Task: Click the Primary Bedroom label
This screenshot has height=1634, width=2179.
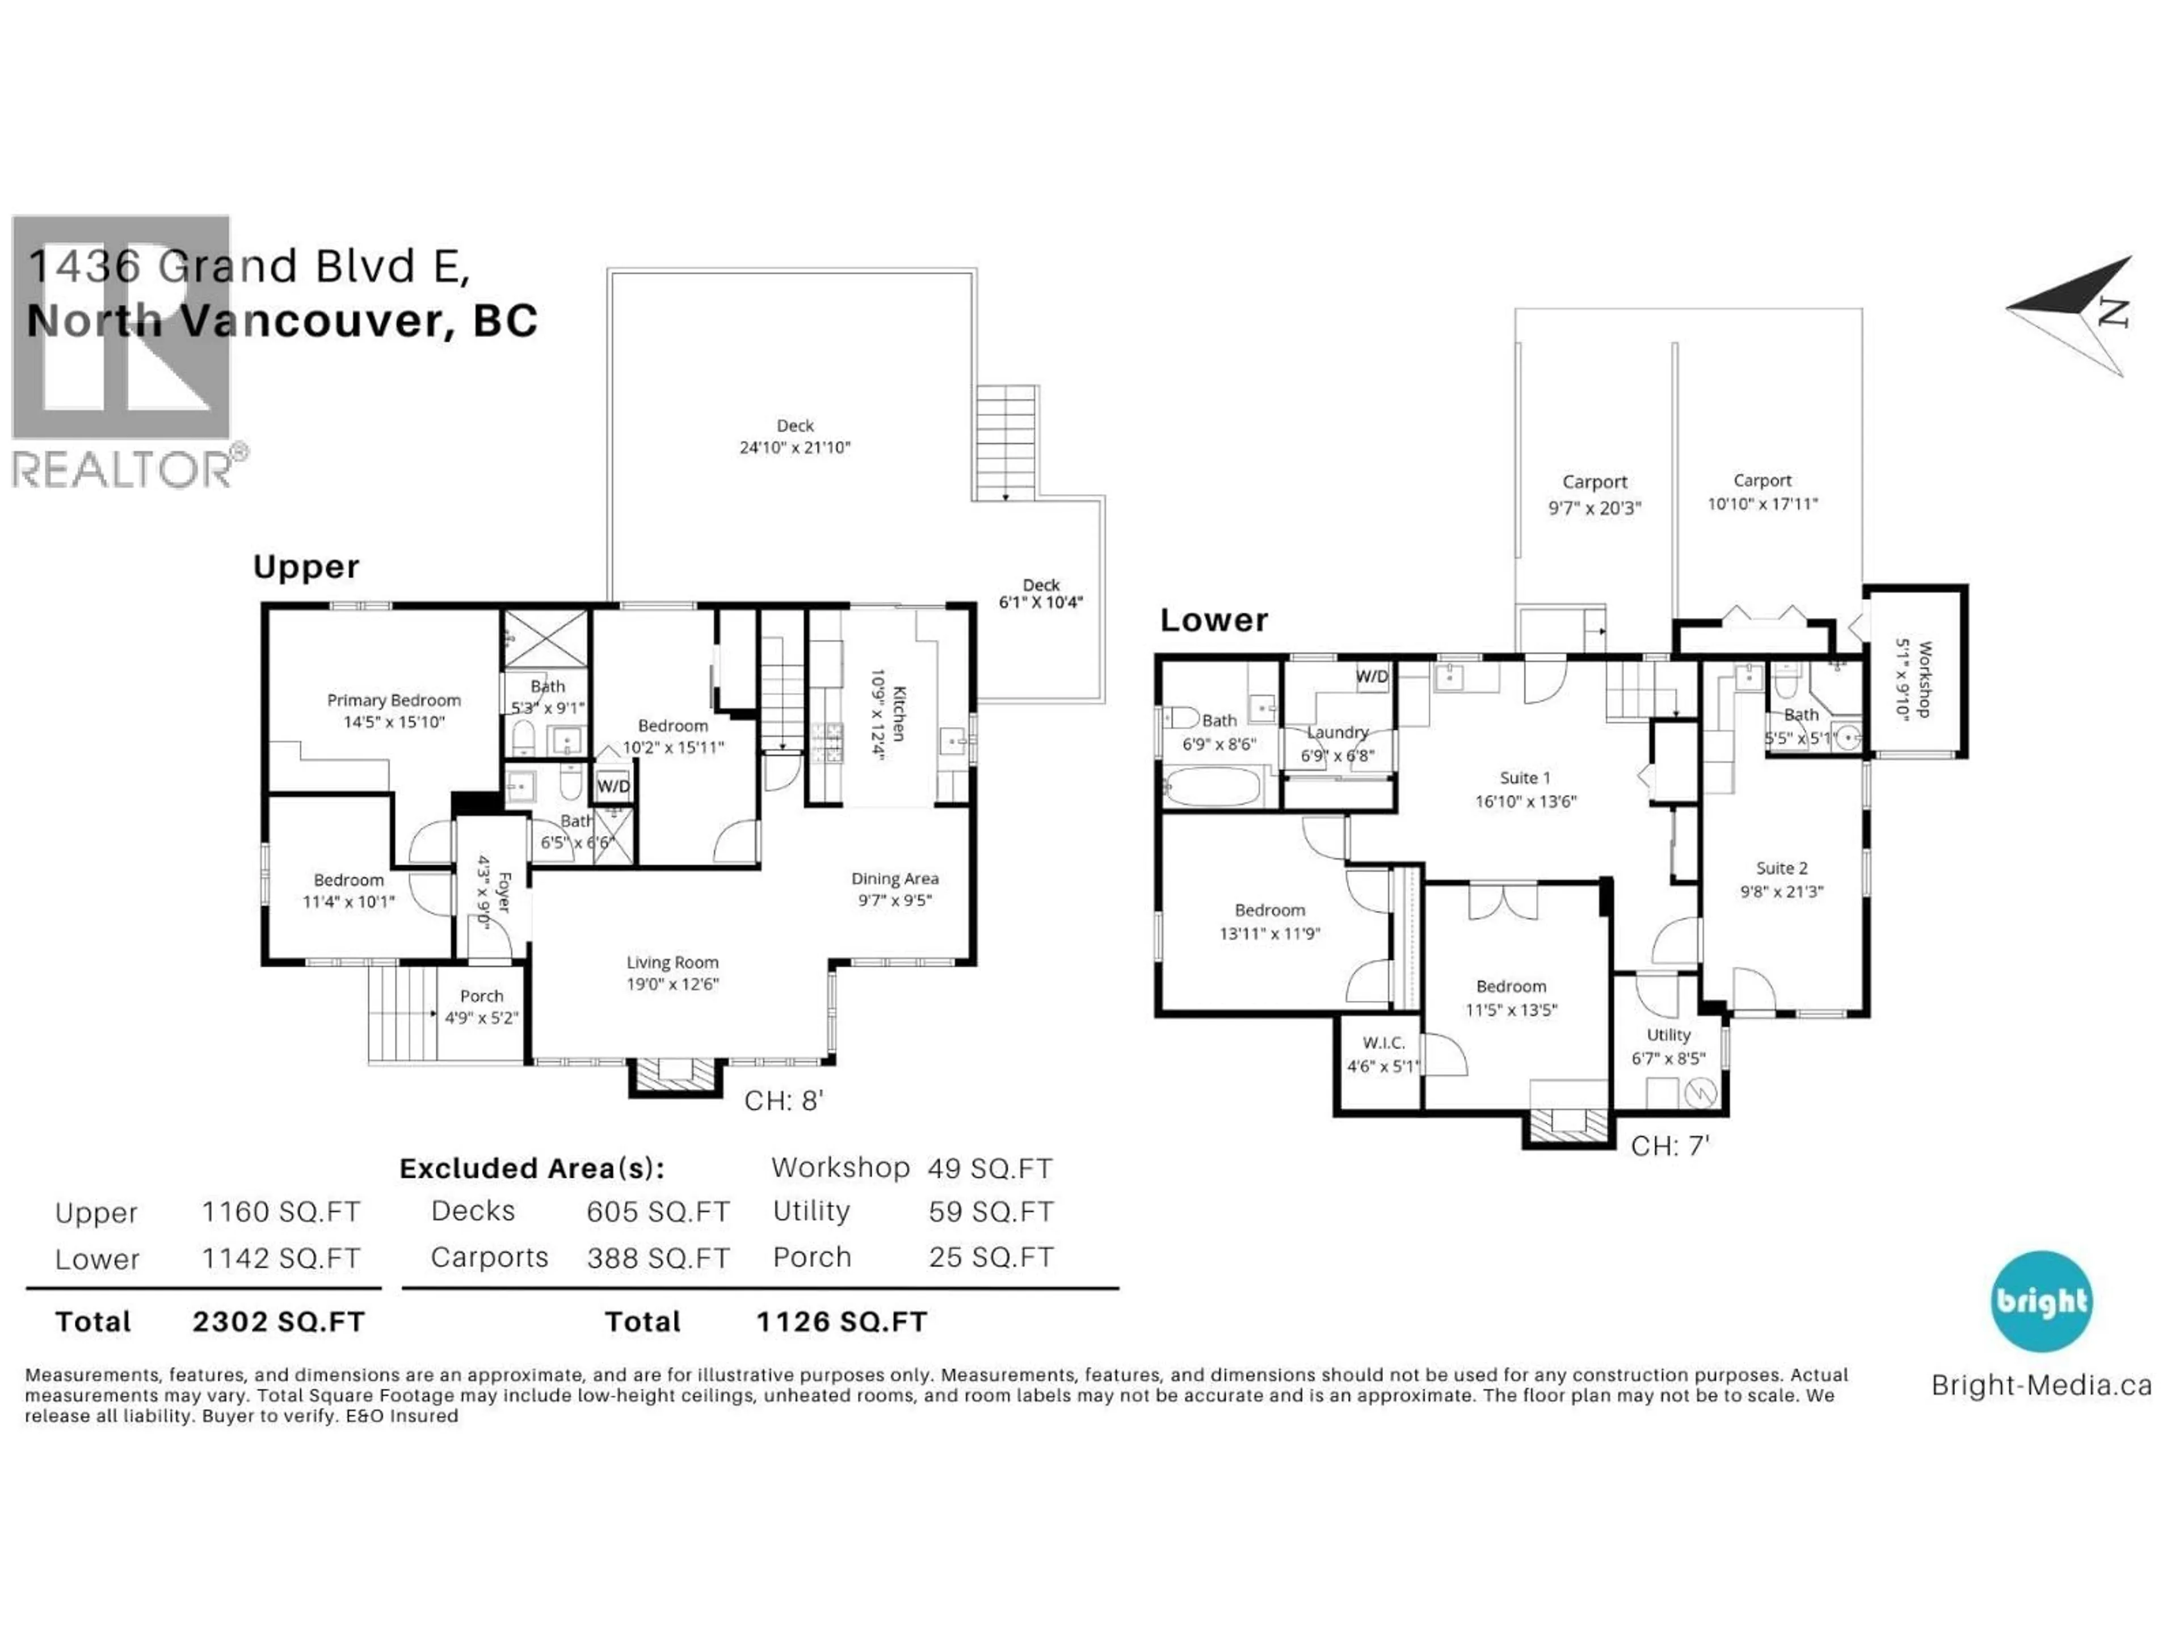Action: coord(393,710)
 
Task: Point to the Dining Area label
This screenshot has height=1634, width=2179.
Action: coord(894,888)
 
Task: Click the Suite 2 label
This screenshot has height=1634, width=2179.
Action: coord(1781,878)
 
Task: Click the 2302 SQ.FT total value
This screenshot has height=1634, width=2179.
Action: coord(279,1322)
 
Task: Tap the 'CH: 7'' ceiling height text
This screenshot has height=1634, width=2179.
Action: coord(1669,1146)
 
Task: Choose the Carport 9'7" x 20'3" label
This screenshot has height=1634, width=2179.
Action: coord(1594,494)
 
